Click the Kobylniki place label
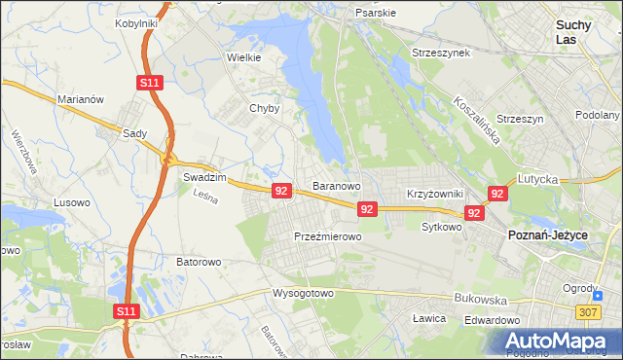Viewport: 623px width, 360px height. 136,22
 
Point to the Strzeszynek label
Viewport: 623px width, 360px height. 441,52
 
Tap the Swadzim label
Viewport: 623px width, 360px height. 204,178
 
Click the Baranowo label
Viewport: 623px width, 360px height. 337,185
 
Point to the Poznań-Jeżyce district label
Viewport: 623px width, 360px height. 549,234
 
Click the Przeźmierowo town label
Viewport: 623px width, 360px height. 328,236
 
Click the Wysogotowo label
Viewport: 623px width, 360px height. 303,292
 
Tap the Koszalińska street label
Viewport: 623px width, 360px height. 476,121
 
